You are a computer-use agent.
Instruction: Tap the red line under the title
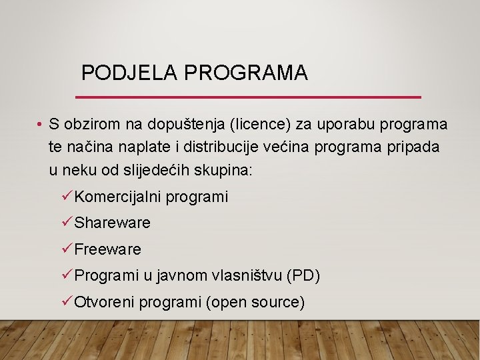(250, 97)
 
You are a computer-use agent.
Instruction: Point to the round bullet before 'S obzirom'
(41, 125)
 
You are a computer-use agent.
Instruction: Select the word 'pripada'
(415, 147)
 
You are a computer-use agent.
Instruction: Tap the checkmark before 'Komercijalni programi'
(66, 196)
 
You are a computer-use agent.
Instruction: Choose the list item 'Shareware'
(113, 223)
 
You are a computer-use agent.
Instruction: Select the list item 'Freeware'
(108, 249)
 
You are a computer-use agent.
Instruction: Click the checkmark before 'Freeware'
(66, 249)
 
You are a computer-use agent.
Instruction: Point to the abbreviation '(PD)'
(303, 275)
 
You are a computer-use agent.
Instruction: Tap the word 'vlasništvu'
(248, 275)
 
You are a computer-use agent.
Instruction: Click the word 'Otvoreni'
(105, 302)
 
